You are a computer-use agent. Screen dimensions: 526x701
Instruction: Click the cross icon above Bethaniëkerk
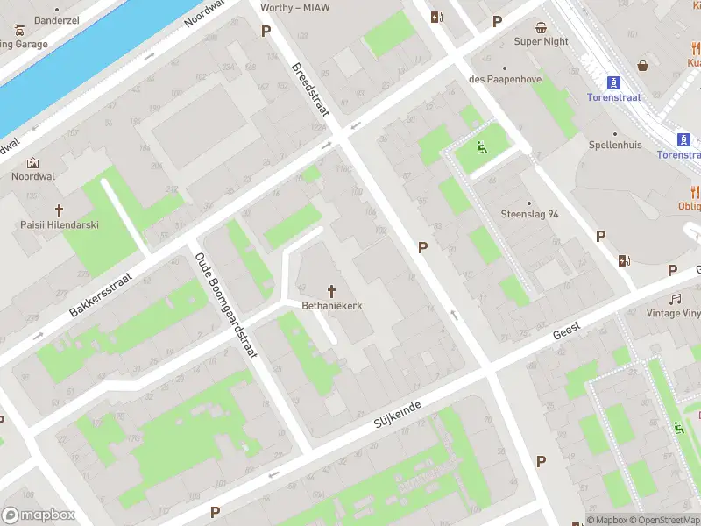click(332, 290)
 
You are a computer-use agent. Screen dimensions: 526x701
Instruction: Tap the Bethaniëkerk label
click(332, 306)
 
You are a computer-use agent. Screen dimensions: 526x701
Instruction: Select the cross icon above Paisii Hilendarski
click(60, 210)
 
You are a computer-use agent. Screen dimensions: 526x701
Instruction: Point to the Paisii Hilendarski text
click(60, 225)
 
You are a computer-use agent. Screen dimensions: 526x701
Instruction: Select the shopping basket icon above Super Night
click(541, 27)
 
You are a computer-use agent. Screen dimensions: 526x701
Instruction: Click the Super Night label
click(541, 41)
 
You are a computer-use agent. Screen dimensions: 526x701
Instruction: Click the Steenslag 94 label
click(529, 214)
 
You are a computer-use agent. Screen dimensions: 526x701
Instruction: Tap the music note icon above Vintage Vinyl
click(676, 299)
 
